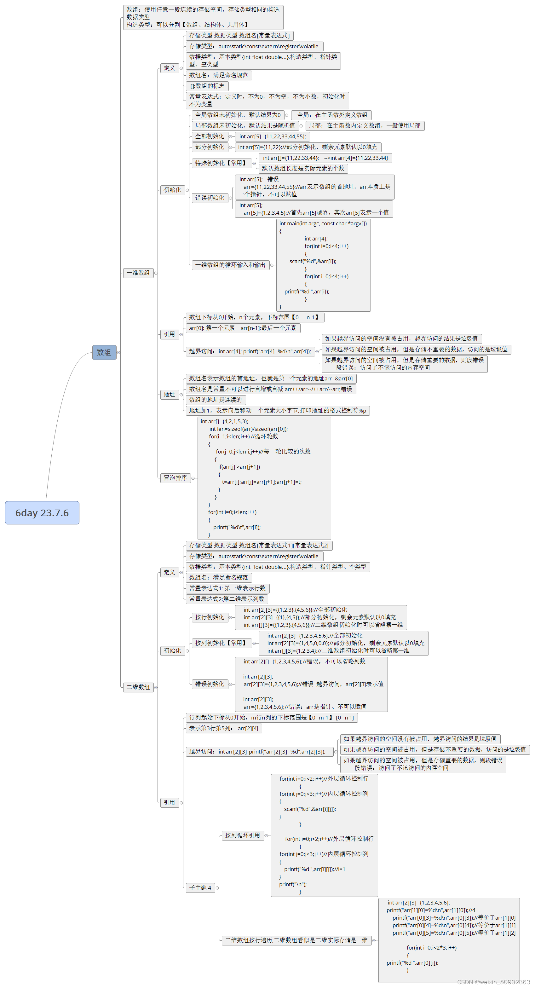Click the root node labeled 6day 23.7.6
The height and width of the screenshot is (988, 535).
click(42, 513)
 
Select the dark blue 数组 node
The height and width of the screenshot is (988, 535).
click(104, 352)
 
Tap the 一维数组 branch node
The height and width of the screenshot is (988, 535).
click(138, 273)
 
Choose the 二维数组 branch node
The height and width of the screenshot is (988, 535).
click(138, 687)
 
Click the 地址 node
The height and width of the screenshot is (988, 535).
click(169, 394)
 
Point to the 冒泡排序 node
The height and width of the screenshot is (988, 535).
click(175, 478)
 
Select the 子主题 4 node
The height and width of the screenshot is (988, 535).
click(200, 887)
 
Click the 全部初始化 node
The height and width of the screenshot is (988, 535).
click(210, 136)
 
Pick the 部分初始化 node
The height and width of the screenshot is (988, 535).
click(210, 147)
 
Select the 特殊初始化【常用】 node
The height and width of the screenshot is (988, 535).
click(221, 163)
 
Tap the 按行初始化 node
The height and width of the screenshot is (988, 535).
click(210, 617)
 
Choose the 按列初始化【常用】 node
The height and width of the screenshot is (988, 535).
click(221, 643)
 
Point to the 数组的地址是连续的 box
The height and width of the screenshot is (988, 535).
click(216, 400)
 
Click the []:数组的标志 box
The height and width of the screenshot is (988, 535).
click(207, 86)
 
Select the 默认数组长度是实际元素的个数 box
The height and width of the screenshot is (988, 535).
click(303, 168)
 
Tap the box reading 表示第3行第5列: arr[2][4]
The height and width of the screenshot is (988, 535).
click(224, 728)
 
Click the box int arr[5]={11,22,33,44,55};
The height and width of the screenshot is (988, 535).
click(272, 136)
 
